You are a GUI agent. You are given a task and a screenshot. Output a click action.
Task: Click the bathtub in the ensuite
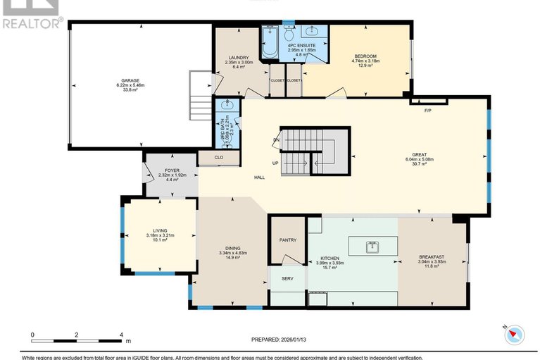[x=270, y=41]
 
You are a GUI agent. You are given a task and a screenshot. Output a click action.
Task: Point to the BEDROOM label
[x=365, y=56]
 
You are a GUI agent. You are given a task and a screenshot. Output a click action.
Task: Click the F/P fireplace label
[x=427, y=111]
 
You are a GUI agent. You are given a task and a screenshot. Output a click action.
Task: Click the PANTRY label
[x=288, y=240]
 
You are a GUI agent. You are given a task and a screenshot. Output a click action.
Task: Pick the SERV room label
[x=287, y=278]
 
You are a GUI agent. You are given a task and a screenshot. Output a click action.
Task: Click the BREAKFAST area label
[x=431, y=257]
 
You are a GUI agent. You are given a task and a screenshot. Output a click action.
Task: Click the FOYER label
[x=172, y=170]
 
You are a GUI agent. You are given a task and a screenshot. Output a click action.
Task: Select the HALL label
[x=259, y=178]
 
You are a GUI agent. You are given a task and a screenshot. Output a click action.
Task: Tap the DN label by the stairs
[x=276, y=141]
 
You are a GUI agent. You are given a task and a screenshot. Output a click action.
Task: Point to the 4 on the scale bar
[x=121, y=335]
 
